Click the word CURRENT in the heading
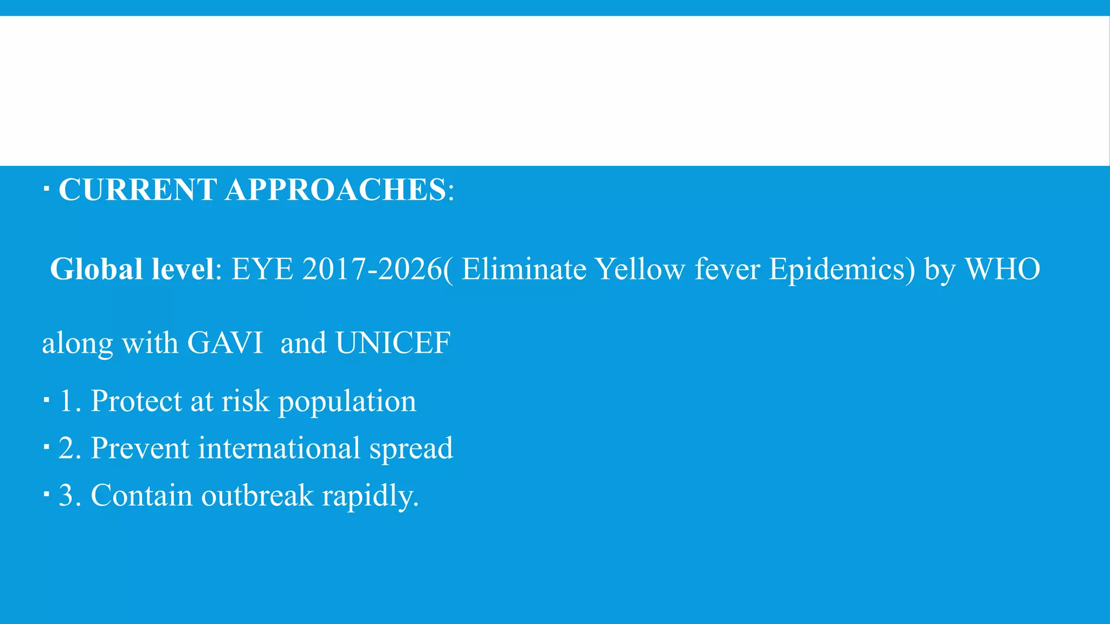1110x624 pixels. click(x=138, y=190)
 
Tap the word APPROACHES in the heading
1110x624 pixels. click(x=335, y=190)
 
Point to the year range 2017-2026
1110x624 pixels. click(x=372, y=269)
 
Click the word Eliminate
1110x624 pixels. click(x=524, y=269)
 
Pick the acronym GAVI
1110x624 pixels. click(x=225, y=343)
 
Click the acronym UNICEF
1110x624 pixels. click(x=393, y=343)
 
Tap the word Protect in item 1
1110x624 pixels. click(x=136, y=401)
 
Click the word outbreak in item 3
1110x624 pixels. click(x=257, y=496)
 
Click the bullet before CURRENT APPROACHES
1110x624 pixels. click(x=46, y=190)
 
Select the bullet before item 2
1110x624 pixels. click(x=46, y=447)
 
